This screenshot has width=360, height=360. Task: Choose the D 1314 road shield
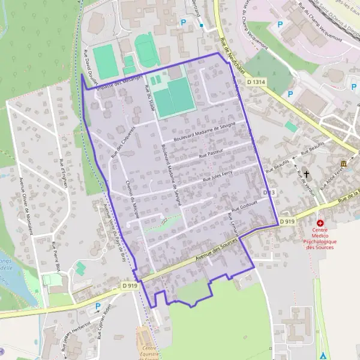tap(256, 81)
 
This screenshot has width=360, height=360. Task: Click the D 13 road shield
tap(269, 192)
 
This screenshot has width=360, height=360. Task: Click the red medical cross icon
tap(320, 223)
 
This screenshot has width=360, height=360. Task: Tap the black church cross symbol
tap(307, 174)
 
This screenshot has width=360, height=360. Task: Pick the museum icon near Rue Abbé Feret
tap(343, 164)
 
